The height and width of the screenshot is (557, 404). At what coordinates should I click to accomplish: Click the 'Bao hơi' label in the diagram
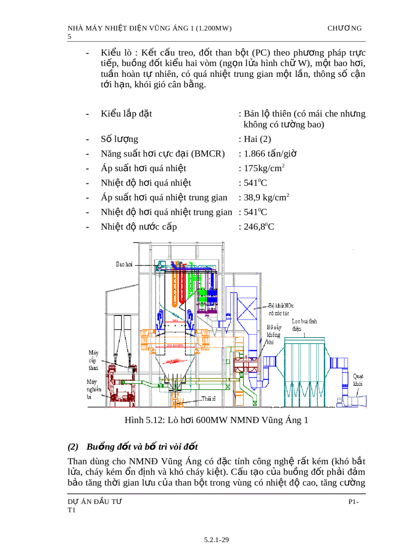[124, 264]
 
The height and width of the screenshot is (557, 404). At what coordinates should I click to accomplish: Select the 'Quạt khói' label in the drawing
[358, 380]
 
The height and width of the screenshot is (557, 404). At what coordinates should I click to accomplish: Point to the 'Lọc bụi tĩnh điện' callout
[304, 325]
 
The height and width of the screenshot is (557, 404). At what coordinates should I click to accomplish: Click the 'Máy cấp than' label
[93, 360]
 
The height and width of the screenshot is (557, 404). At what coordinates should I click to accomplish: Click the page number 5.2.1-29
[216, 540]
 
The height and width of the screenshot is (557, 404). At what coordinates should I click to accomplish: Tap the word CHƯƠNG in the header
[345, 28]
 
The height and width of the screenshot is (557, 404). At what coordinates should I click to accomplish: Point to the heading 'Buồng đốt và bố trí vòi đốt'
[142, 447]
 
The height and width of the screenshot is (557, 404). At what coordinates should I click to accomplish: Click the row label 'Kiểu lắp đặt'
[126, 114]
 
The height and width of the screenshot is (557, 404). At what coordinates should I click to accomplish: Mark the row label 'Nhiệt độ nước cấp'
[139, 227]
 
